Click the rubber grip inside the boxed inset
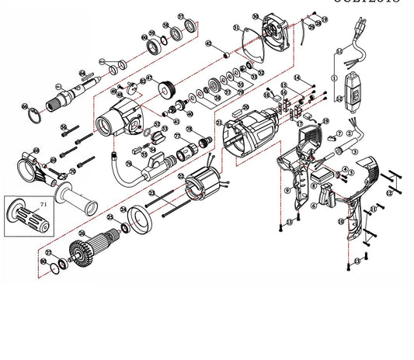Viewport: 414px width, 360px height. pyautogui.click(x=27, y=215)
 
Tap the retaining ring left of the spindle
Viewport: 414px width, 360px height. pyautogui.click(x=33, y=116)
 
